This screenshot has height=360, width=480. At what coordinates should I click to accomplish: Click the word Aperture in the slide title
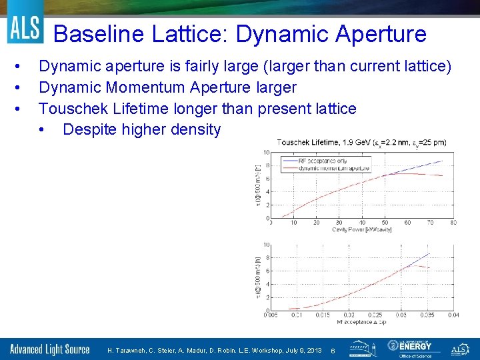tap(380, 33)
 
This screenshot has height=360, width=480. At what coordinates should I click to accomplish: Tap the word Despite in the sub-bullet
tap(89, 129)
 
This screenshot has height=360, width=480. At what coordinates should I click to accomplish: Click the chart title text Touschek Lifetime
tap(307, 142)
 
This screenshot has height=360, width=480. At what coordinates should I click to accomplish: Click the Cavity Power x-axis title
tap(361, 229)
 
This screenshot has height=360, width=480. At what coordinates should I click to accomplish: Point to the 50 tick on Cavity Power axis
tap(384, 223)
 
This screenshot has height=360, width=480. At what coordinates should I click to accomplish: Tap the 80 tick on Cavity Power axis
tap(453, 223)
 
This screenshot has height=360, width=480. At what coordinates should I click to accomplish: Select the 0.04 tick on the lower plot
tap(453, 315)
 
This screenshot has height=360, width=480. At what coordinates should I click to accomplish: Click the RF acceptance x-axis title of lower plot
tap(361, 322)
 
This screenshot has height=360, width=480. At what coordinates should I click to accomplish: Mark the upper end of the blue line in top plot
tap(442, 161)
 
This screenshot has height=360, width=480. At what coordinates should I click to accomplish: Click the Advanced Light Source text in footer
tap(50, 349)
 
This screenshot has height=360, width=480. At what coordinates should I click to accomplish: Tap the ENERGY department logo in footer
tap(410, 348)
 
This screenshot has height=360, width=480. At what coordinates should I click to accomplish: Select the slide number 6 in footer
tap(333, 350)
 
